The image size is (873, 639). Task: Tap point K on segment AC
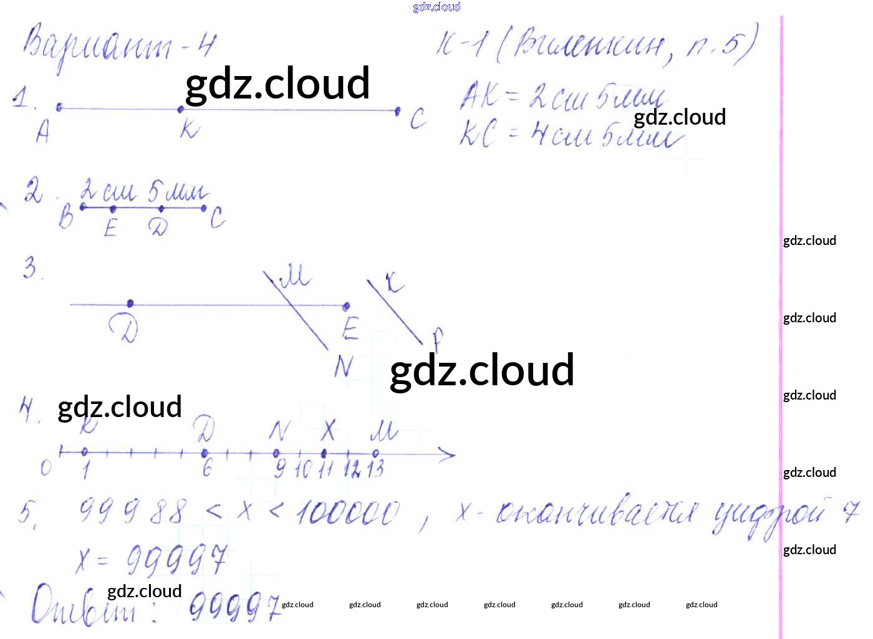181,109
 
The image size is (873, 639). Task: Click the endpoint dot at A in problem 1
59,107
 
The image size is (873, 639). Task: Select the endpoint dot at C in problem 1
397,111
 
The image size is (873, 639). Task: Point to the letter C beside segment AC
418,118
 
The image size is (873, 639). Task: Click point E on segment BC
113,209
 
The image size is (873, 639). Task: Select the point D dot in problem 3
130,304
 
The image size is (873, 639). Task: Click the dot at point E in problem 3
346,306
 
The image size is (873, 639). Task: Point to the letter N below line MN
343,367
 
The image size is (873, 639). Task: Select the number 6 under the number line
207,468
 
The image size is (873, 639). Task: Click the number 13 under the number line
375,469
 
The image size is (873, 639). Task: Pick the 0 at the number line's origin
46,468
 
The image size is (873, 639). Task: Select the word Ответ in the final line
84,605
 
